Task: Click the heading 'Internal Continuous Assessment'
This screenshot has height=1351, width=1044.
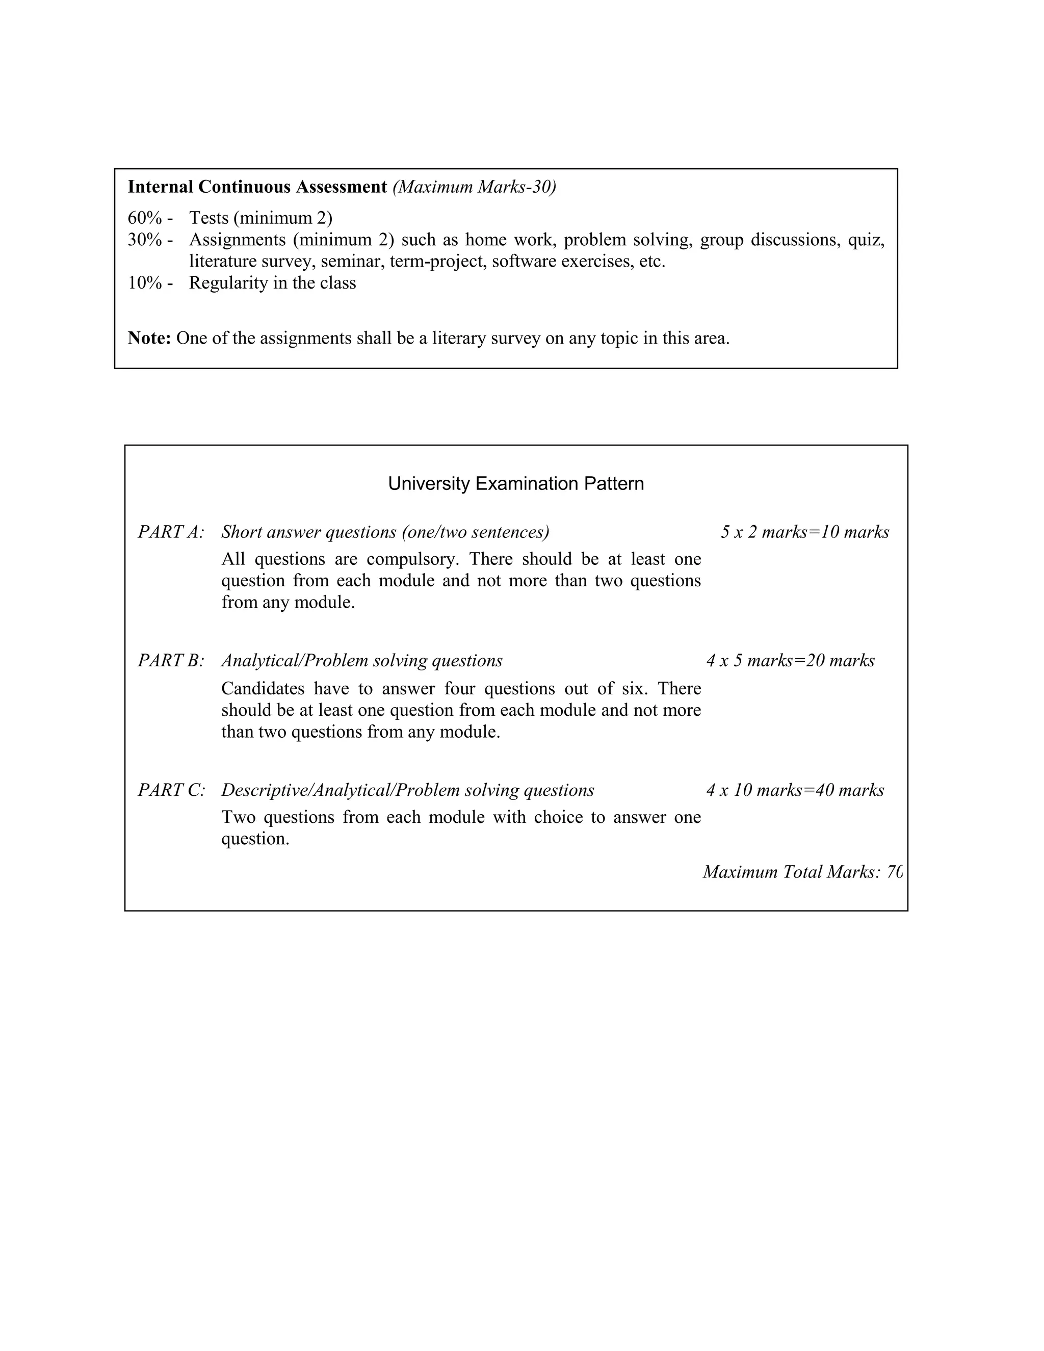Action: [257, 187]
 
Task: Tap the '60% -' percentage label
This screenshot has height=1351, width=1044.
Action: [150, 218]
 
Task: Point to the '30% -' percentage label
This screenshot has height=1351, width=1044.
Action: [150, 240]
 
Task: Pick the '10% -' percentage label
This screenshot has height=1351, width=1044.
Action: [150, 283]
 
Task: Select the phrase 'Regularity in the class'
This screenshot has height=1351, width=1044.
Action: [272, 283]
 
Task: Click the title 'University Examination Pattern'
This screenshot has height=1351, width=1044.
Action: [516, 483]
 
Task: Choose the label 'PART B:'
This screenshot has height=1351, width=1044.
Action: [171, 661]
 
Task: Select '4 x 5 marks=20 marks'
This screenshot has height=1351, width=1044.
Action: [791, 661]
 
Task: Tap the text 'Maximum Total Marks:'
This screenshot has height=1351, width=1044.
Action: [792, 872]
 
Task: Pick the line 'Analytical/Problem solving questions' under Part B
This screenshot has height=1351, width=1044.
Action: [362, 661]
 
